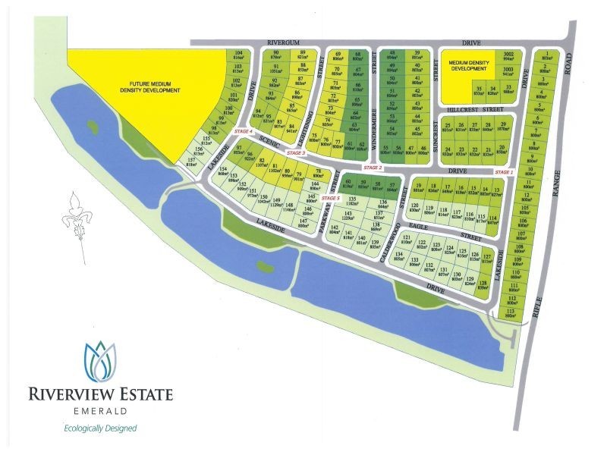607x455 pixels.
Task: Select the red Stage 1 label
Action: coord(505,173)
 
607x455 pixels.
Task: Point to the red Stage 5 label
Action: coord(330,198)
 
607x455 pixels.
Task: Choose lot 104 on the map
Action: coord(239,55)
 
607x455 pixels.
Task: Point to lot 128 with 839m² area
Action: coord(483,285)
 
